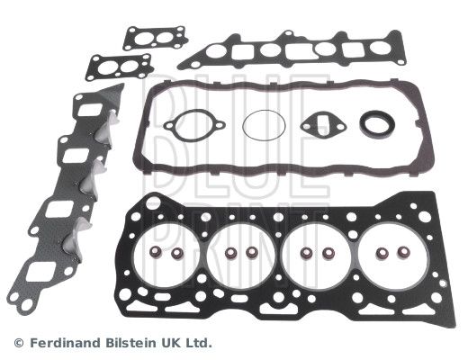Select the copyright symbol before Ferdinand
(x=19, y=343)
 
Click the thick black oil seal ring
(x=377, y=123)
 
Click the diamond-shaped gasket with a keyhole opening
(x=323, y=126)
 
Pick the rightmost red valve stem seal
(x=403, y=252)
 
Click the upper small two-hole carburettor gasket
(x=156, y=39)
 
